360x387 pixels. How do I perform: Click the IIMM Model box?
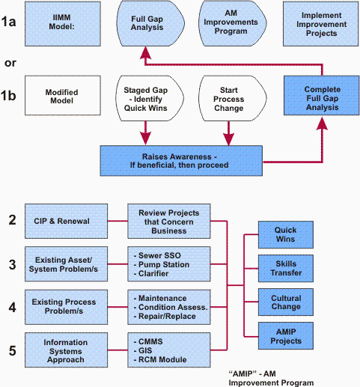tap(63, 24)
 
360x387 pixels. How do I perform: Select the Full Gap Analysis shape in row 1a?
tap(150, 23)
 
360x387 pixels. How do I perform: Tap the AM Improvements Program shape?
tap(233, 23)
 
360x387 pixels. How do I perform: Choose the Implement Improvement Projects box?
tap(321, 24)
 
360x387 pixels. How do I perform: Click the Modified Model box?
tap(63, 96)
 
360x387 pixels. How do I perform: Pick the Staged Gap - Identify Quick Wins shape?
tap(150, 99)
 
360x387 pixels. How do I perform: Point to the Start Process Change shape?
tap(233, 99)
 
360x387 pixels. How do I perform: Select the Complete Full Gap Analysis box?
tap(322, 96)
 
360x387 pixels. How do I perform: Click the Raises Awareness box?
tap(181, 161)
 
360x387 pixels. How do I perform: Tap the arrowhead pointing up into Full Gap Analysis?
tap(145, 53)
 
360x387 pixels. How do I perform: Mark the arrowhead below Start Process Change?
tap(228, 139)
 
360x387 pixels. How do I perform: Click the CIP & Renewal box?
tap(66, 221)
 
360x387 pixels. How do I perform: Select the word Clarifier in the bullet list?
tap(153, 273)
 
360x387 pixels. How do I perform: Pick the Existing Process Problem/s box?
tap(66, 307)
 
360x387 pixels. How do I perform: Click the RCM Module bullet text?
tap(162, 359)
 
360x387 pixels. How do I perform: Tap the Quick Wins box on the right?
tap(286, 234)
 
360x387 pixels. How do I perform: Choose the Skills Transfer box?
tap(286, 268)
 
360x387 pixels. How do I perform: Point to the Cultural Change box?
tap(286, 302)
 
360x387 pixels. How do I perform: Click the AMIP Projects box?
tap(286, 335)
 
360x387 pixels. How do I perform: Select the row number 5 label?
tap(13, 351)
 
